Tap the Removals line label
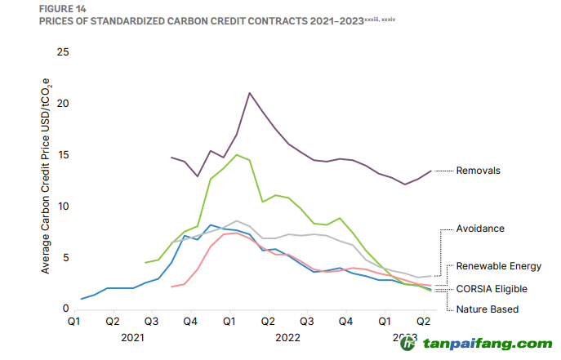[479, 171]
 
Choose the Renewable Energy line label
[498, 266]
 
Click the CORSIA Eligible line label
[492, 288]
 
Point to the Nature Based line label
[488, 309]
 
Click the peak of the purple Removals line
[249, 93]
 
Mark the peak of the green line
[237, 155]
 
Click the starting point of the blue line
[82, 299]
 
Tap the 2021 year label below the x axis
[132, 336]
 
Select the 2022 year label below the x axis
[287, 336]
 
